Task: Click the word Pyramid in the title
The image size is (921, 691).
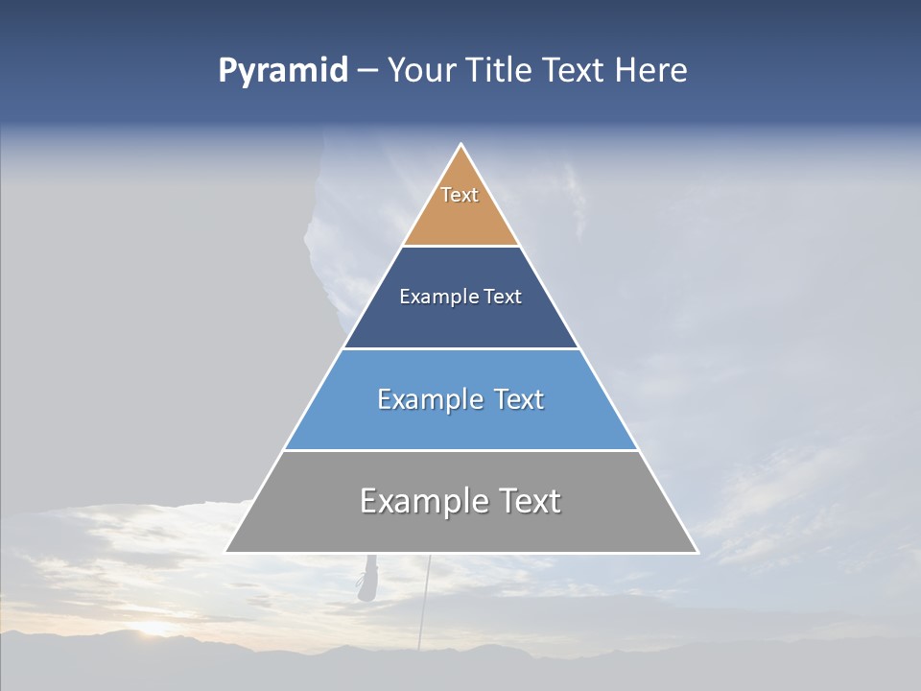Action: coord(282,71)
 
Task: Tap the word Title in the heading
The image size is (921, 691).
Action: coord(504,71)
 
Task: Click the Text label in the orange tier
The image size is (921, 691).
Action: coord(460,195)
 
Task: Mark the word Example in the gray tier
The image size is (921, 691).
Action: coord(422,501)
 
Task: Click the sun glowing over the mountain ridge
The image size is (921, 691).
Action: coord(153,629)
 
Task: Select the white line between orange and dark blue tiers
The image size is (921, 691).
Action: coord(461,247)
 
